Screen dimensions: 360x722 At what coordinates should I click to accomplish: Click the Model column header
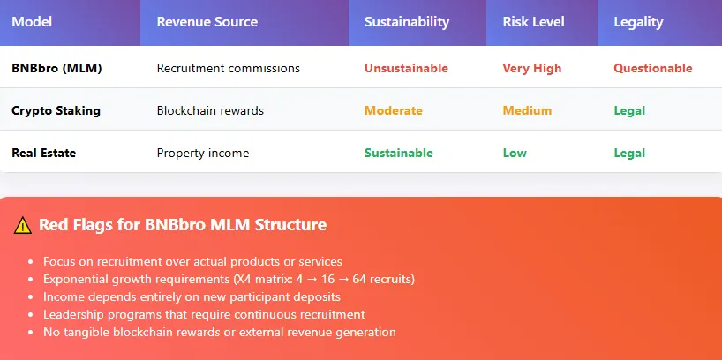tap(32, 22)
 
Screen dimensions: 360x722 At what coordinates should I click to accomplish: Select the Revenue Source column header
tap(207, 22)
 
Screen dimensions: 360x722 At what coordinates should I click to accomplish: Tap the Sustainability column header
tap(406, 22)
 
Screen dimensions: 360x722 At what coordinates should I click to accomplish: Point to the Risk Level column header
tap(534, 22)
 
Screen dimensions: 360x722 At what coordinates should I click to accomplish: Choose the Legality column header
tap(638, 22)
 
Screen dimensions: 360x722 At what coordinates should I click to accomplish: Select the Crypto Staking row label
tap(56, 110)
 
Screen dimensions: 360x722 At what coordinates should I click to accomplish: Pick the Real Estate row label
tap(43, 153)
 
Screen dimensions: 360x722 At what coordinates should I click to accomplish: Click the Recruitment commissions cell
tap(228, 68)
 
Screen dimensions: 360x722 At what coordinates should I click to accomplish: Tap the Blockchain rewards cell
tap(210, 110)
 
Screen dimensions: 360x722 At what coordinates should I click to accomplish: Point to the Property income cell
tap(202, 153)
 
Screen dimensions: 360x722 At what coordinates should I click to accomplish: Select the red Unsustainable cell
tap(406, 68)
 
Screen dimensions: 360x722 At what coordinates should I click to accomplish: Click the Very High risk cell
tap(531, 68)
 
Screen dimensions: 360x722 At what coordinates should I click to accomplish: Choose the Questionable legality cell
tap(652, 68)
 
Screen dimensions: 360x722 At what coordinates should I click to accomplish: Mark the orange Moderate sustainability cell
tap(393, 110)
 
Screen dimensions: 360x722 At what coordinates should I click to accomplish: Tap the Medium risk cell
tap(527, 110)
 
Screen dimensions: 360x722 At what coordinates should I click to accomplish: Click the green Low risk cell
tap(515, 153)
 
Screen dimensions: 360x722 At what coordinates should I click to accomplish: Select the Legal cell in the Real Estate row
tap(629, 153)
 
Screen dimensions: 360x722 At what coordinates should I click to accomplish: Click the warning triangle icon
tap(23, 225)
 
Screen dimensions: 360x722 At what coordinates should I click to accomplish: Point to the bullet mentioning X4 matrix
tap(229, 279)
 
